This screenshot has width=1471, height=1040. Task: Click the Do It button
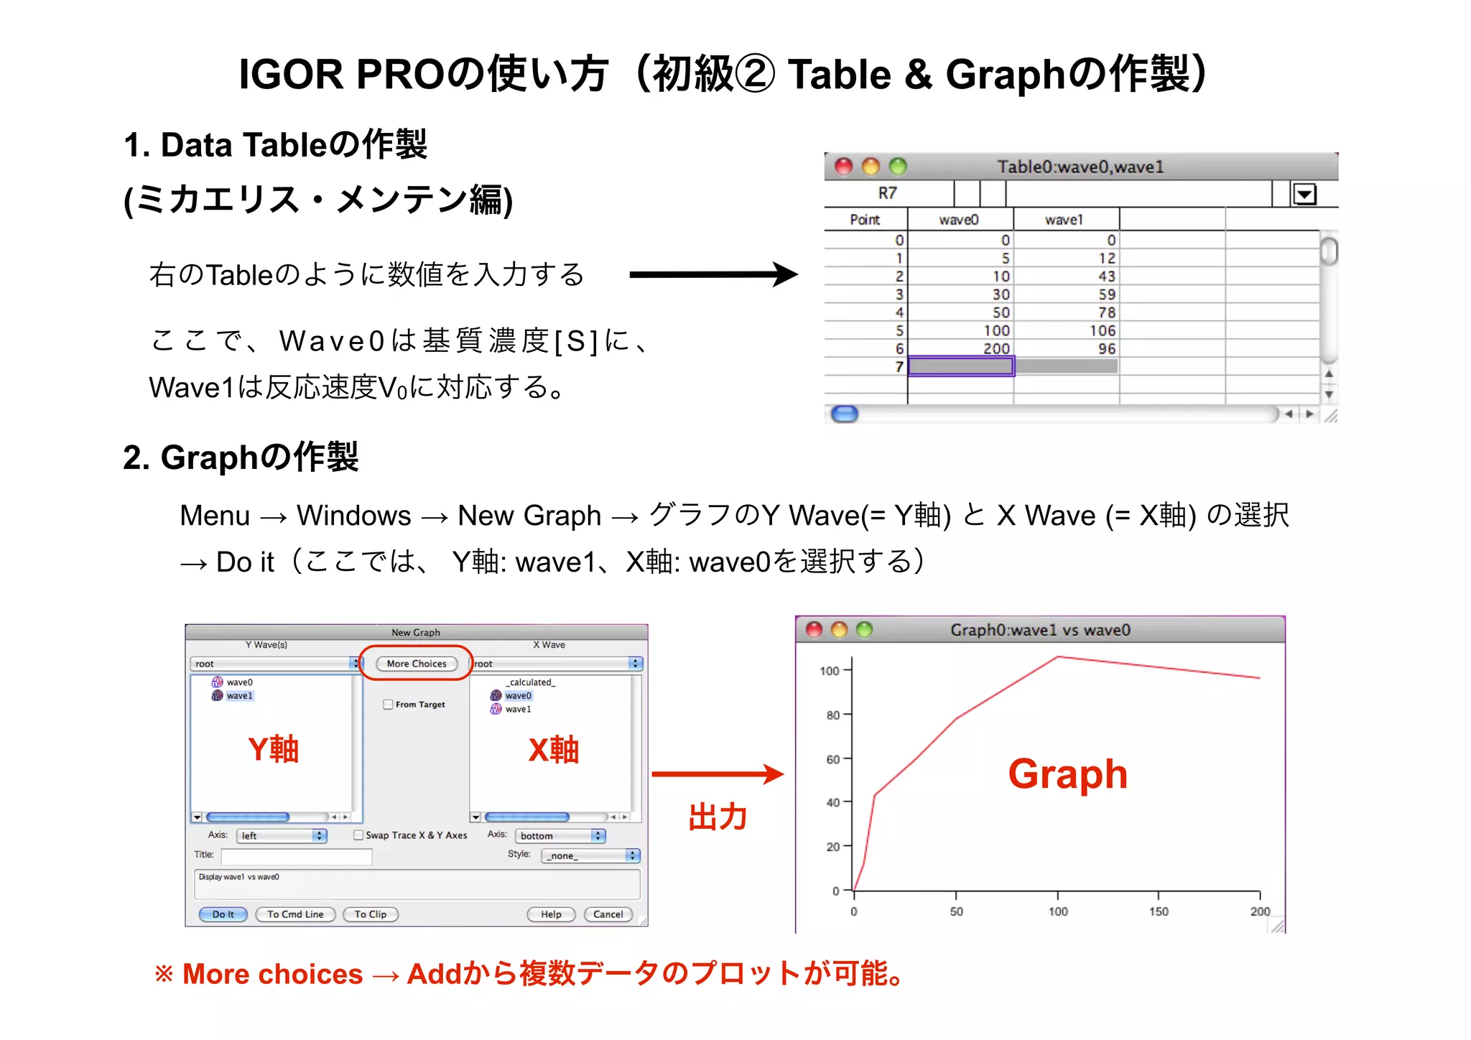tap(223, 914)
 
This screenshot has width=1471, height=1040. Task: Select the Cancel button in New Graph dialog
tap(608, 914)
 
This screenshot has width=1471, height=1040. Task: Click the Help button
tap(551, 914)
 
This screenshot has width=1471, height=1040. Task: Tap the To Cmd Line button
tap(295, 914)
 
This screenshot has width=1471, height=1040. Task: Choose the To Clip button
tap(370, 914)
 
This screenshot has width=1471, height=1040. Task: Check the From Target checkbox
tap(389, 705)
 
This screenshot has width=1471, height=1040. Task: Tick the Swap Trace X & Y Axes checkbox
tap(358, 835)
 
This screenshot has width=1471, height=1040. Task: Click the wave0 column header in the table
tap(959, 220)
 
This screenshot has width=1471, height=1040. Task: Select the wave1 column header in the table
tap(1064, 220)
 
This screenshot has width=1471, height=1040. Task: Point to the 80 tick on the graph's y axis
tap(833, 715)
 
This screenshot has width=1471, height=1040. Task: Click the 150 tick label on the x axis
tap(1159, 911)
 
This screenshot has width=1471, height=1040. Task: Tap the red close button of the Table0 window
tap(843, 167)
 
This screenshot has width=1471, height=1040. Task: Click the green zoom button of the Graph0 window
tap(865, 630)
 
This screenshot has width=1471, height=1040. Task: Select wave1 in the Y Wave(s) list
tap(239, 696)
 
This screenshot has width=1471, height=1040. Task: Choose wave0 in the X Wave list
tap(518, 696)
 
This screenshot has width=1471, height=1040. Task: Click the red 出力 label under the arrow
tap(718, 817)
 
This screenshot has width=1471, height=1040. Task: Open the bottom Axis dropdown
tap(560, 836)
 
